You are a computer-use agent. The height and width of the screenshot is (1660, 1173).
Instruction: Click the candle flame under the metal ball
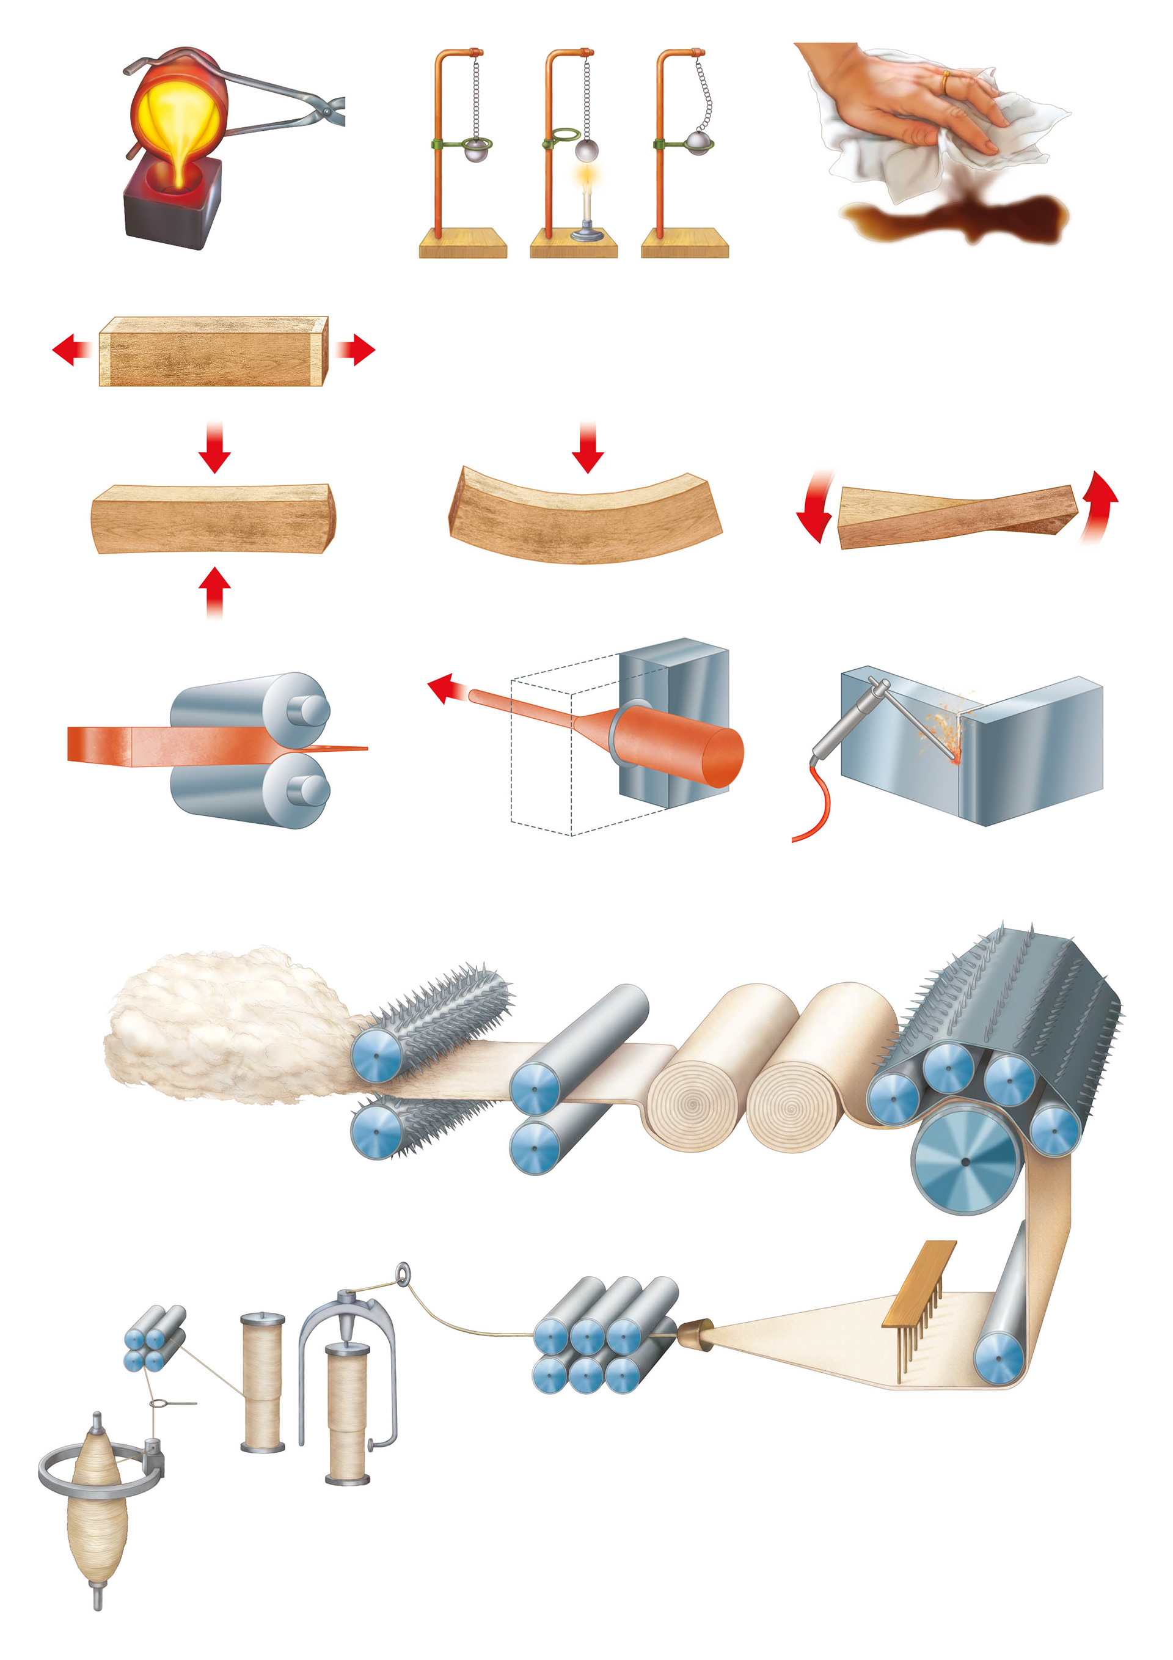click(585, 175)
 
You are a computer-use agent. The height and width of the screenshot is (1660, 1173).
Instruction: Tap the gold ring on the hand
click(946, 82)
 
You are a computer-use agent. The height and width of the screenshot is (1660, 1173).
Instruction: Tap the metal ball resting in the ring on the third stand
click(699, 142)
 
